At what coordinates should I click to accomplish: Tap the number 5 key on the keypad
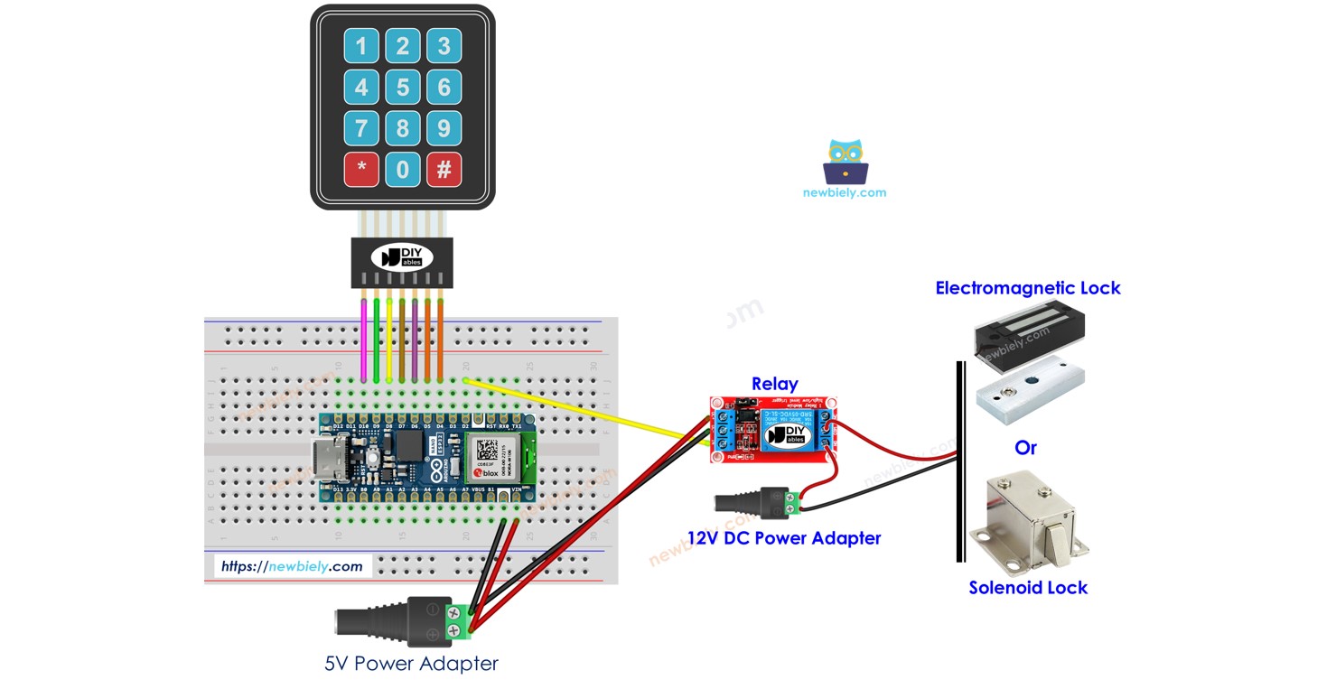click(x=403, y=88)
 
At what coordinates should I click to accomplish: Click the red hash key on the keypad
click(x=444, y=169)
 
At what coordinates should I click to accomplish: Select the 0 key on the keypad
click(x=403, y=169)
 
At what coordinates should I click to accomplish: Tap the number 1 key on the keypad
click(x=361, y=46)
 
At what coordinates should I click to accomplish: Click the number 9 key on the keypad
click(x=444, y=128)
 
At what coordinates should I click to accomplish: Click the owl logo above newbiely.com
click(x=845, y=163)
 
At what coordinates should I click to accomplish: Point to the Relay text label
click(x=774, y=384)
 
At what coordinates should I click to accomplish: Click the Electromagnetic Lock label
click(x=1027, y=288)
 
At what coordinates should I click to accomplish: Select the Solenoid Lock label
click(x=1027, y=588)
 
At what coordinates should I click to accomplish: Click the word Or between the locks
click(x=1025, y=448)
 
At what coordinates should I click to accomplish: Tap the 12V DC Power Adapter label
click(x=783, y=538)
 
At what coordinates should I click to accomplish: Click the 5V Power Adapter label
click(x=411, y=664)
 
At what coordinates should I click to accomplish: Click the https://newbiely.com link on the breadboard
click(x=292, y=566)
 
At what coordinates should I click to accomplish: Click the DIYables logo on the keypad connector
click(x=402, y=256)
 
